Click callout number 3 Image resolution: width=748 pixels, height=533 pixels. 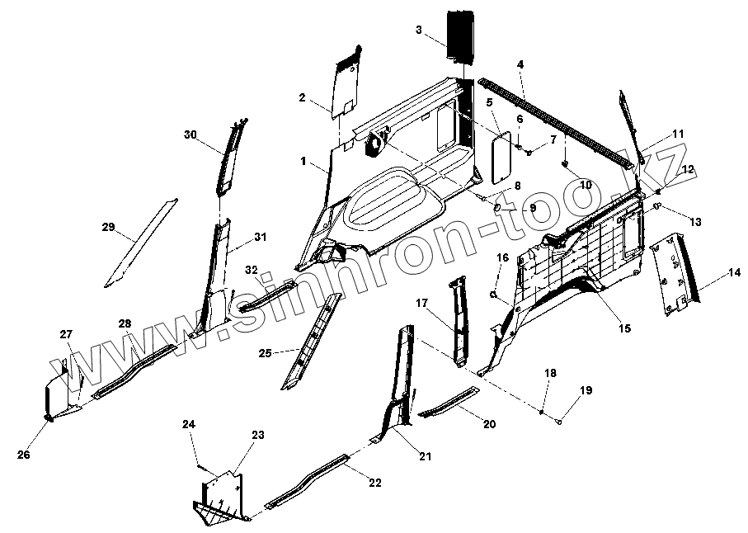(419, 30)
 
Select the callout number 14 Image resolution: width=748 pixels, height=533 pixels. (734, 273)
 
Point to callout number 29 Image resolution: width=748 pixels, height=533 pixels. (107, 227)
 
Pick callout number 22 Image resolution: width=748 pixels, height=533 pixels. (374, 483)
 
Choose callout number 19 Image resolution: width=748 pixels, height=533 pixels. (586, 389)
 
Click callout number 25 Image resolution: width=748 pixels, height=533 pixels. (264, 353)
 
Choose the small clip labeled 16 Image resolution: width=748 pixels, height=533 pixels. (493, 293)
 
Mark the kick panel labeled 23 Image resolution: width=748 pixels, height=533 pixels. (219, 495)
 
